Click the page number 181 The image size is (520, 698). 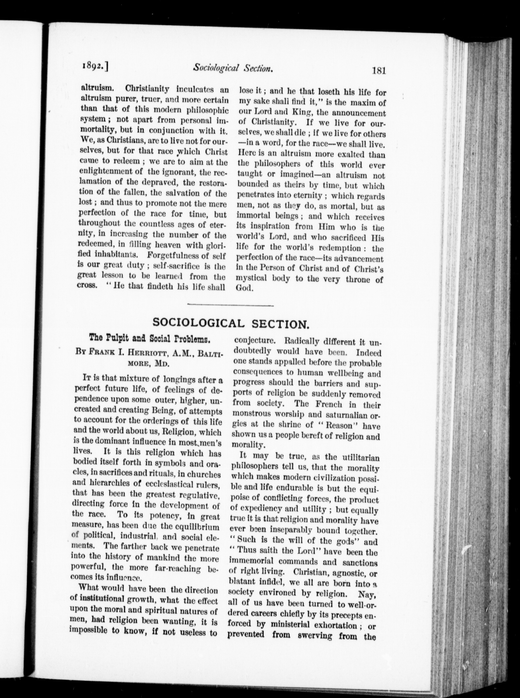click(378, 70)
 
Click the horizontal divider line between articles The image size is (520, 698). click(230, 305)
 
